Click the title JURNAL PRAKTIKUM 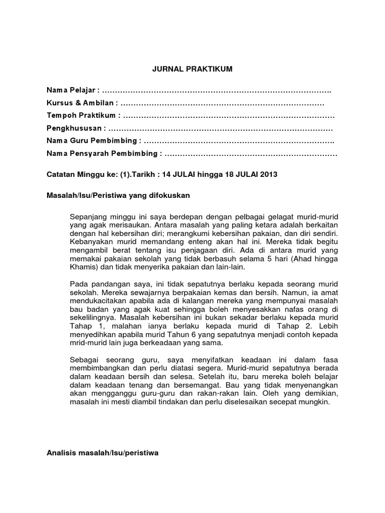(x=192, y=69)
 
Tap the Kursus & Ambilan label (x=80, y=103)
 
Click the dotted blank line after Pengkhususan (x=221, y=128)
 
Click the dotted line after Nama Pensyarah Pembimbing (x=251, y=154)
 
